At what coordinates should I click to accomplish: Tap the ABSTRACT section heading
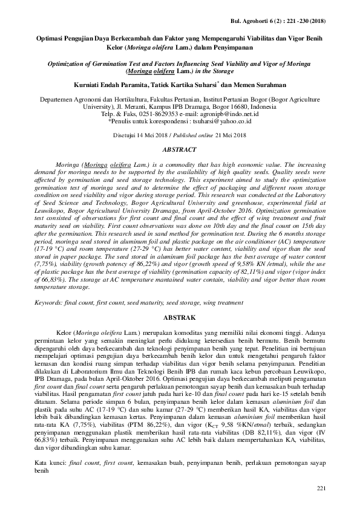coord(180,149)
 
